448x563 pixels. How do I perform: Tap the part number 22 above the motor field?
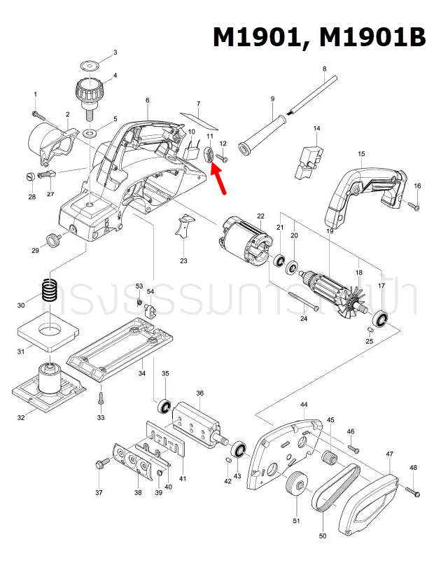(260, 216)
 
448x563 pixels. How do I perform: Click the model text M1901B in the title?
(372, 36)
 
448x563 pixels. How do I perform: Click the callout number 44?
(304, 405)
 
